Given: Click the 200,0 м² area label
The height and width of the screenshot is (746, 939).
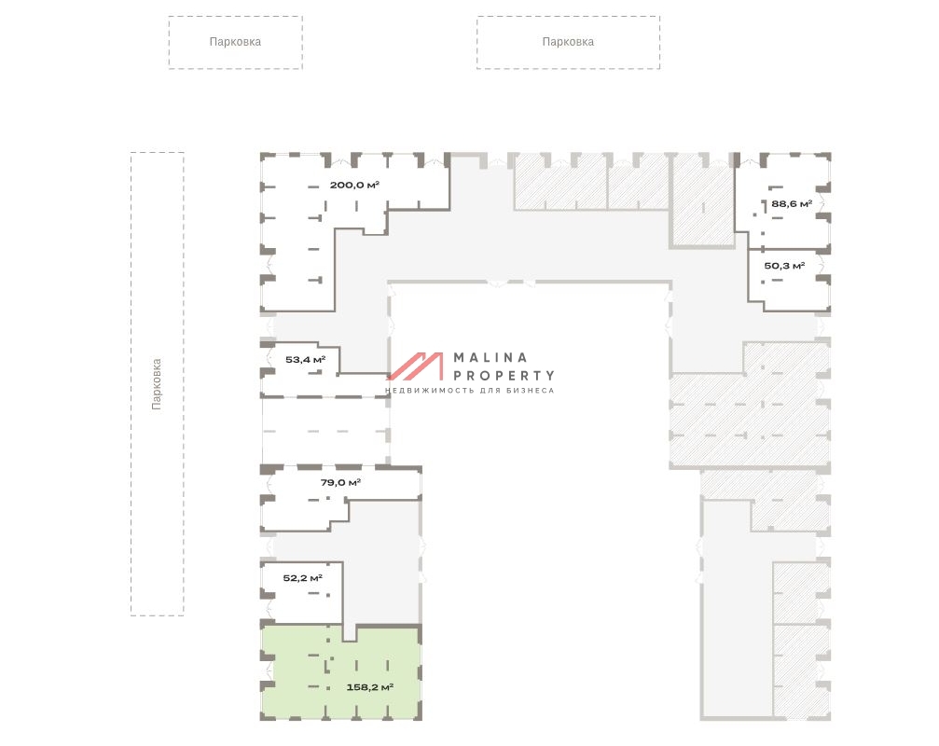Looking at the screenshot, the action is coord(354,185).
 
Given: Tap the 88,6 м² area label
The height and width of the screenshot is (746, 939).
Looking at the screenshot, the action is coord(791,203).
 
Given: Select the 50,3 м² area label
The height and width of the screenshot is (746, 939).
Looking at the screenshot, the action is coord(784,266).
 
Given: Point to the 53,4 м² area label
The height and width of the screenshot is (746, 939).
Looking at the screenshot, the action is coord(305,360).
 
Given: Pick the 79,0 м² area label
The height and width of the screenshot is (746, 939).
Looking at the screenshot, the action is coord(340,482).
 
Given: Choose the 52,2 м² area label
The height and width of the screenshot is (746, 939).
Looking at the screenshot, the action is coord(302,578).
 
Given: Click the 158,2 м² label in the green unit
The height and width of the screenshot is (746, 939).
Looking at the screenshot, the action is coord(369,686).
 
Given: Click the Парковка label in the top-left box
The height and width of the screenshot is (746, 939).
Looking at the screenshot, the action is coord(235,42).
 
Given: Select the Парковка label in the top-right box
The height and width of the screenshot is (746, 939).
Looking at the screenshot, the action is coord(568,42).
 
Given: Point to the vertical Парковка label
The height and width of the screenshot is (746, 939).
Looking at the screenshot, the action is coord(157,384).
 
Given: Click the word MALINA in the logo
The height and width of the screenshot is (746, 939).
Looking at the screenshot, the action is coord(490,357).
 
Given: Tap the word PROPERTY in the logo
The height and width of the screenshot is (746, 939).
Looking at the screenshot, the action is coord(504,376).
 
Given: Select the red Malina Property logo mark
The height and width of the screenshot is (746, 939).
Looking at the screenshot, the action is coord(416,366).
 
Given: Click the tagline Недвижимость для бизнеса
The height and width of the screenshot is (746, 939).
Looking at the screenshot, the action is coord(470,391).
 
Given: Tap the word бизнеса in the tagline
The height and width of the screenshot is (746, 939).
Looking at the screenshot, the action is coord(530,391).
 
